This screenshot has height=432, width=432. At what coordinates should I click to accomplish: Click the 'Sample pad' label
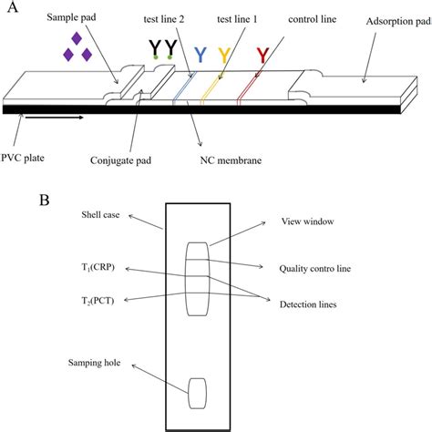pos(71,17)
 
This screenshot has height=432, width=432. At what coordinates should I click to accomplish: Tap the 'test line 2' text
pos(164,19)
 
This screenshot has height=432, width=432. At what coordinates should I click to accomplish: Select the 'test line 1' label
pos(237,19)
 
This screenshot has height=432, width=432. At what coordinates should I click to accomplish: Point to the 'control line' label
pos(313,19)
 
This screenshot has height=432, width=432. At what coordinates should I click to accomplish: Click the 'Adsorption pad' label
pos(399,22)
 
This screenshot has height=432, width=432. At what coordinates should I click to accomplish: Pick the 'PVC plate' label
pos(23,158)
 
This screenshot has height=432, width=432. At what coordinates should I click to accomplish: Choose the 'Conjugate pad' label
pos(120,160)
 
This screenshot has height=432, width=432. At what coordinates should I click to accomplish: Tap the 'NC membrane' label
pos(231,160)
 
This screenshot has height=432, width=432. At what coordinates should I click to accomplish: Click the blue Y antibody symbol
pos(201,55)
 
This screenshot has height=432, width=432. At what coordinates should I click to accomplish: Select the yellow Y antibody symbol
pos(224,56)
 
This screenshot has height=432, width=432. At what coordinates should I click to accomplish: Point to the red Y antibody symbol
pos(262,56)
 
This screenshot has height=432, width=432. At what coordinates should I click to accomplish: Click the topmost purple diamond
pos(77,38)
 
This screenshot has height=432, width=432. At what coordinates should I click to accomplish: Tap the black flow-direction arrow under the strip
pos(54,118)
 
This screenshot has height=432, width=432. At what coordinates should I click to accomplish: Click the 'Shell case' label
pos(100,215)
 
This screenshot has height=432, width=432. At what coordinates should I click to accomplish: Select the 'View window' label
pos(307,221)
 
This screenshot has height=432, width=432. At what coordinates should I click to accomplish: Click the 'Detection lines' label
pos(308,304)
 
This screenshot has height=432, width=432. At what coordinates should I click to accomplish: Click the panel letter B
pos(45,201)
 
